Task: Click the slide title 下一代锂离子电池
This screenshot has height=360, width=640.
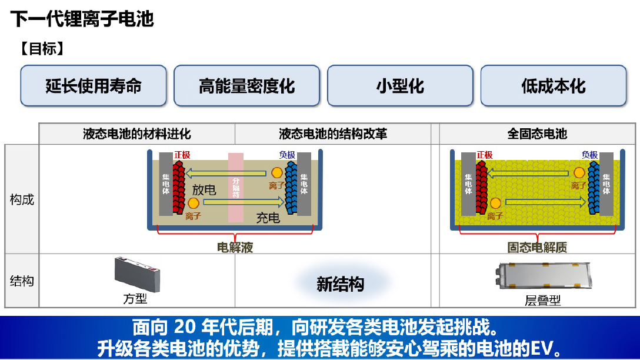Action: tap(82, 19)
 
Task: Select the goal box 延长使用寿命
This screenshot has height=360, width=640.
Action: tap(94, 86)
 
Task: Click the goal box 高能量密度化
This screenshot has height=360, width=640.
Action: tap(246, 86)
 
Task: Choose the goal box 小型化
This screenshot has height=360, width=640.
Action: tap(400, 86)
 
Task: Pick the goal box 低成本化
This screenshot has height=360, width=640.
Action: tap(554, 86)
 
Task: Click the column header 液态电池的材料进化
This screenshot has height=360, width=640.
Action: tap(137, 134)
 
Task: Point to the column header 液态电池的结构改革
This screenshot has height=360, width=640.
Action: tap(333, 134)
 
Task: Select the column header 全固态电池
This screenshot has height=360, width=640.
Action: tap(537, 134)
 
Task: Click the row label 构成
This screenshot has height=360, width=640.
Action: tap(22, 199)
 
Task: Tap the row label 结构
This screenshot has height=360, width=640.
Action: tap(22, 281)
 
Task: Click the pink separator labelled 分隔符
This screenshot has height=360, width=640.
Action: tap(236, 187)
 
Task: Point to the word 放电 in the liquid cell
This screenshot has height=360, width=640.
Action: tap(204, 190)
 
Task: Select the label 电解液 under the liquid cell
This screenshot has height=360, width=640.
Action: tap(235, 248)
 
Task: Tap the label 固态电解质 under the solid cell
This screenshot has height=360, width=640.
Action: tap(537, 248)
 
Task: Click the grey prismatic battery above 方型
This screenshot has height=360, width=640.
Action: tap(136, 274)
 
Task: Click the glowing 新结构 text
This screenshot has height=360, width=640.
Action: tap(340, 285)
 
